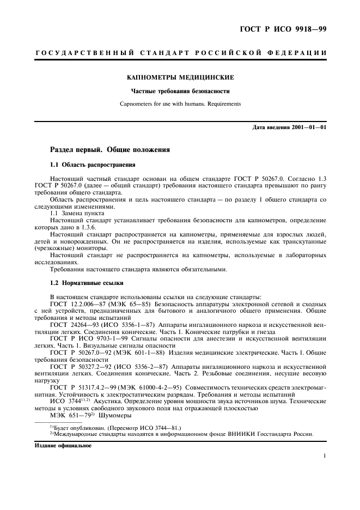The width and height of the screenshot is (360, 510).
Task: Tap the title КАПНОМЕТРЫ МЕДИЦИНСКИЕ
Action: (x=180, y=78)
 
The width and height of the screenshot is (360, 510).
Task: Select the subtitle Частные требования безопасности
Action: (x=180, y=91)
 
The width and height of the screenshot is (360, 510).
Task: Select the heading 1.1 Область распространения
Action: (x=93, y=165)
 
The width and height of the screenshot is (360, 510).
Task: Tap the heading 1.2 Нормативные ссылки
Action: (x=87, y=283)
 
